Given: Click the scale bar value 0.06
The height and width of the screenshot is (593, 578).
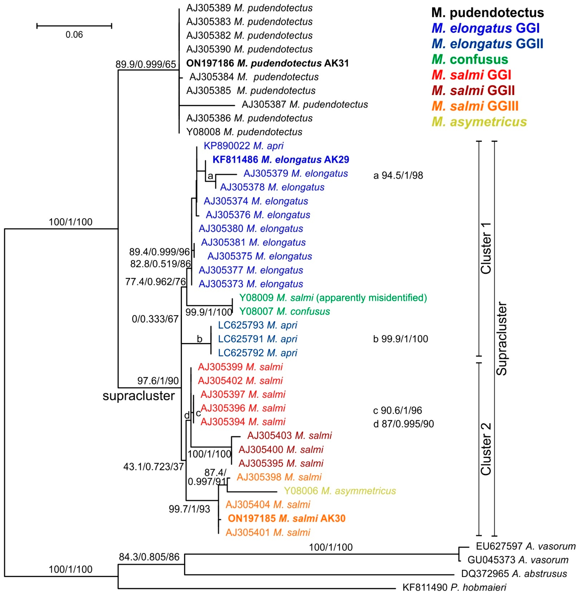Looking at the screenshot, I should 74,35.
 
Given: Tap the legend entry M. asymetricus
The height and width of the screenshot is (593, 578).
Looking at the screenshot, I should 479,122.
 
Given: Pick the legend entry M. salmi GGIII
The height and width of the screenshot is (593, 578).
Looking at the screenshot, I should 475,106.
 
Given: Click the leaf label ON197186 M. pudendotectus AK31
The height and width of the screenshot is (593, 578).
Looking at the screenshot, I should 267,63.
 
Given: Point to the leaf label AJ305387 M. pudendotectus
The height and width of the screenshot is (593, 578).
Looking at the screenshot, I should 304,105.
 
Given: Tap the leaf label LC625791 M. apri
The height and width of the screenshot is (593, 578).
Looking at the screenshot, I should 257,339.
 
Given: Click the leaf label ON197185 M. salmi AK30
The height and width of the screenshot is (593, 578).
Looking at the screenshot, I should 287,518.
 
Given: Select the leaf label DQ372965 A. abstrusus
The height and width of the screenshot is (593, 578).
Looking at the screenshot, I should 514,574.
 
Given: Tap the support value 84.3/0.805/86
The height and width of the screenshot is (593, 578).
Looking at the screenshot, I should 149,557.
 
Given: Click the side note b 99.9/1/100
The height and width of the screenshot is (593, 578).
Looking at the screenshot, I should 400,339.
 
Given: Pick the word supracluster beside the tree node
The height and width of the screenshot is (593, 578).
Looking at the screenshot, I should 138,396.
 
